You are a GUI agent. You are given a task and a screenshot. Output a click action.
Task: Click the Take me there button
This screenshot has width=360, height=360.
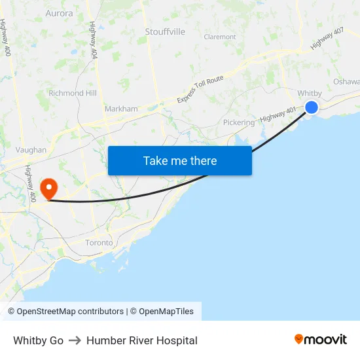coord(180,160)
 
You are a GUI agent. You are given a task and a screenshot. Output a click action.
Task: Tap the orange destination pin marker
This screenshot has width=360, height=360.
coord(49,189)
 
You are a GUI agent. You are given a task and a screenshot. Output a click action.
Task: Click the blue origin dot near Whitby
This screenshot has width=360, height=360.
coord(312,107)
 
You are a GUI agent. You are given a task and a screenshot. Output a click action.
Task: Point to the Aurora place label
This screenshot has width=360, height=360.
coord(60,13)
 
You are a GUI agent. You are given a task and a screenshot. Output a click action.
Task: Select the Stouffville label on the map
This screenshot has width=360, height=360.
coord(165,31)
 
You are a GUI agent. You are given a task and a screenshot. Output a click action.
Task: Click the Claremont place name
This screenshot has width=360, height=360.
coord(220,37)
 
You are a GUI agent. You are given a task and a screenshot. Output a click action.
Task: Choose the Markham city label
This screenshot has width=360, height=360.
coord(121,109)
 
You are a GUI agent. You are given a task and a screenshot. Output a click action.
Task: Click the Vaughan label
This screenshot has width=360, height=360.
coord(31,150)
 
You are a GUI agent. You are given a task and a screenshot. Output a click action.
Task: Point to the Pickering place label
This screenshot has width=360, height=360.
coord(238,122)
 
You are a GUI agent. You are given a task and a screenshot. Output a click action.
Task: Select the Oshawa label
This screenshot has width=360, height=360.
coord(346,82)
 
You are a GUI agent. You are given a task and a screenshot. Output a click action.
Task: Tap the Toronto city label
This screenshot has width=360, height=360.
coord(99,242)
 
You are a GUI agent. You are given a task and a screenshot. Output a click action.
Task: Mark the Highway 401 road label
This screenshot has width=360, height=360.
coord(278,114)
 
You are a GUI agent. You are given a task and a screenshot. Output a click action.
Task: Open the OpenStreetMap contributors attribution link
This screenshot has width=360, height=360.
coord(65,312)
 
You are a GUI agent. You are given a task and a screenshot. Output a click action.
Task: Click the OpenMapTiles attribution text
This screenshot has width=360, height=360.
coord(166,312)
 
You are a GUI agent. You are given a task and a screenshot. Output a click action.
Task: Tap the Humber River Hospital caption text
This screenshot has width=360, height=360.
coord(141,340)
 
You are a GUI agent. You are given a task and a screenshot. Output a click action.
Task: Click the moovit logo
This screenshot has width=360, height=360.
coord(321,340)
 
